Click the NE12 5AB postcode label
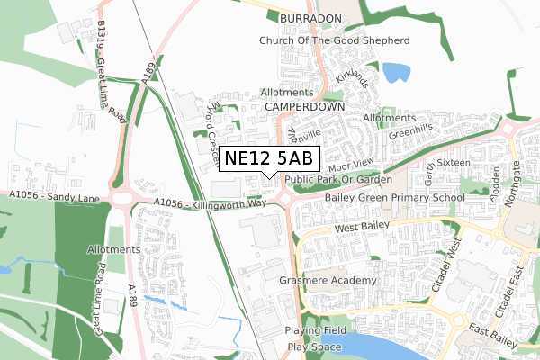point(268,158)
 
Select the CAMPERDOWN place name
point(306,106)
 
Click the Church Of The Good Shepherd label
point(334,40)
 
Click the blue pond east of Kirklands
point(394,71)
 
